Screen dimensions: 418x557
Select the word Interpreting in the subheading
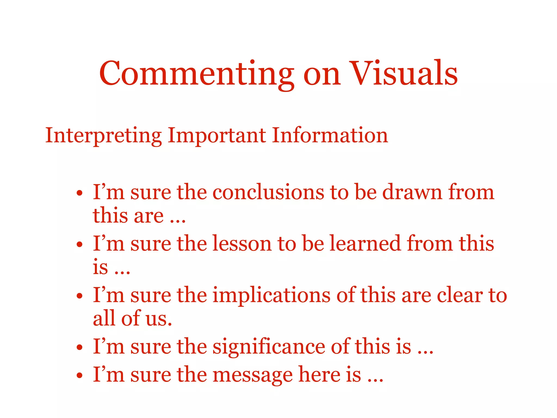point(103,136)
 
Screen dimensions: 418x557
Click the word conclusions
point(268,192)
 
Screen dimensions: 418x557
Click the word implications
point(271,295)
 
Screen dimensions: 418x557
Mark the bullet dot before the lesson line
point(79,244)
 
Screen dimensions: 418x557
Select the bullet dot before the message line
point(79,376)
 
